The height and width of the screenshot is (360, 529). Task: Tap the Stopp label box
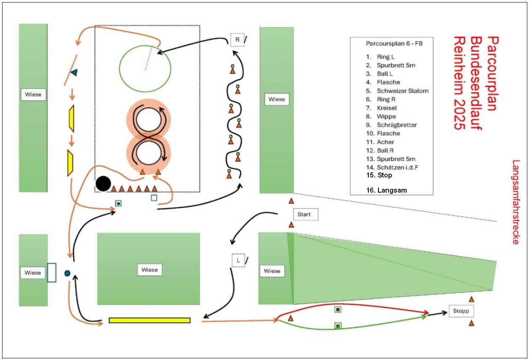tap(461, 311)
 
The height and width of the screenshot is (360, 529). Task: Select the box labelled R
tap(237, 40)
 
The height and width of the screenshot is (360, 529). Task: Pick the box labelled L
tap(238, 260)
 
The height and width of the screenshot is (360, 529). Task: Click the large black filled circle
tap(103, 183)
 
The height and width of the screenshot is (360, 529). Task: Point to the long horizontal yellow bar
tap(150, 320)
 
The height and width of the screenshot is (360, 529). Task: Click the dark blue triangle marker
tap(74, 73)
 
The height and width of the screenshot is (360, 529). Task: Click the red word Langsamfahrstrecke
tap(516, 201)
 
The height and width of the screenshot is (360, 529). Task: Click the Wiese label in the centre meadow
tap(150, 270)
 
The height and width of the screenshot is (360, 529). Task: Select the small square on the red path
tap(338, 310)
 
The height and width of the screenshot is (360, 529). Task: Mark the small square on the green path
tap(337, 326)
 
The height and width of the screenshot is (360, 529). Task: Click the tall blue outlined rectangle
tap(52, 272)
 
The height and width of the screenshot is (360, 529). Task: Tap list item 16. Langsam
tap(386, 190)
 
